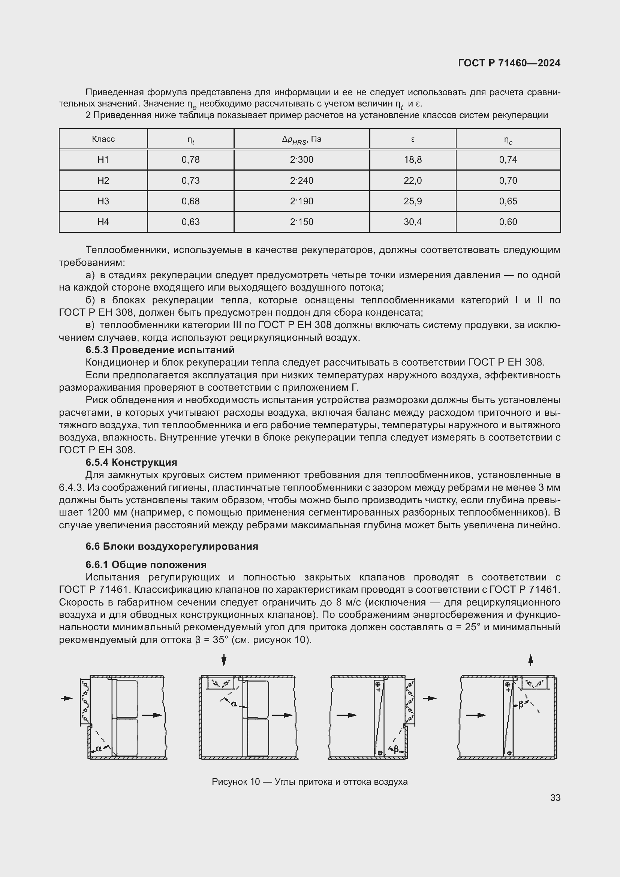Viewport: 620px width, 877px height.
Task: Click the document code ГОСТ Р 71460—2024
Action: click(509, 63)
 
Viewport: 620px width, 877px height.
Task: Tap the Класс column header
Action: click(103, 139)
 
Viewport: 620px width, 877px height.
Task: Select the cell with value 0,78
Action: click(190, 160)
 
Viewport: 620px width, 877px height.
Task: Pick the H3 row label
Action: click(103, 201)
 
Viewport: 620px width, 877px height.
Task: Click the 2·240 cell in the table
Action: click(302, 181)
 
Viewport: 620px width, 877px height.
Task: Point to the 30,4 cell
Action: click(413, 222)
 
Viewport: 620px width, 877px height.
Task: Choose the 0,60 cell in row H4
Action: click(508, 222)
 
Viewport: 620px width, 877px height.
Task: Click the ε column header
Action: click(413, 139)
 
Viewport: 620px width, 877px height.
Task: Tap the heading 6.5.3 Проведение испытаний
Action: click(160, 350)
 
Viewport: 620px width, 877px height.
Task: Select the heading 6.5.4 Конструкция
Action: click(131, 462)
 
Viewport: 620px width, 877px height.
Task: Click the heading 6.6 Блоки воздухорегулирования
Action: click(172, 546)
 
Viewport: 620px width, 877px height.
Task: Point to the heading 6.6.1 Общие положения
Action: click(146, 565)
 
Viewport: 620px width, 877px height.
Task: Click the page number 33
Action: click(556, 798)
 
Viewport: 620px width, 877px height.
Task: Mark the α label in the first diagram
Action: click(99, 748)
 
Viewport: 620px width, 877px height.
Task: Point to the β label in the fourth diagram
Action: click(520, 705)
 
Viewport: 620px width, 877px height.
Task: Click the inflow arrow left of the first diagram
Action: click(67, 698)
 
